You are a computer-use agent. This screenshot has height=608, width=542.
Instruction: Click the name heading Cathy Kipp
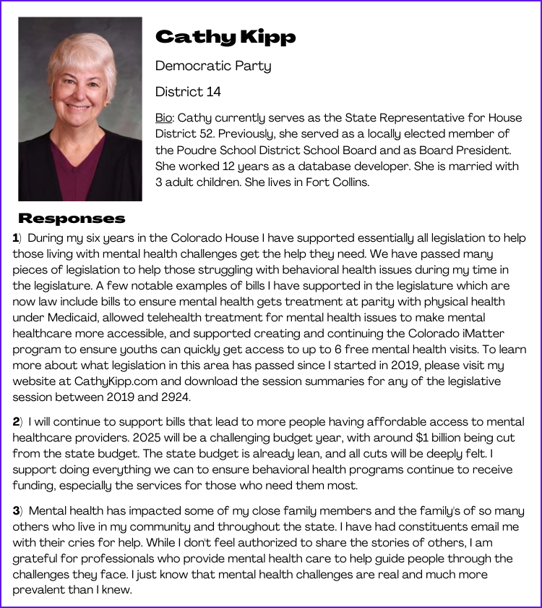(x=225, y=37)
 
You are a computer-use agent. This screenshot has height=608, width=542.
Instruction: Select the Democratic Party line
(x=213, y=67)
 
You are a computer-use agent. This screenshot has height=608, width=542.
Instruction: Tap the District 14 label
(x=188, y=92)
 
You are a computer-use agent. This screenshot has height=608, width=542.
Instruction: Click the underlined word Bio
(x=164, y=117)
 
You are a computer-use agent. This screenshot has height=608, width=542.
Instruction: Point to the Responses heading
(x=72, y=219)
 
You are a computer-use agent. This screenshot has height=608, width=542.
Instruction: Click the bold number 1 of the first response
(x=16, y=238)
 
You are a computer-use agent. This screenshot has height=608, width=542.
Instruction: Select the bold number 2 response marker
(x=16, y=422)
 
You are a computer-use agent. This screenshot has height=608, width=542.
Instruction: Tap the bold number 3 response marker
(x=16, y=512)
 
